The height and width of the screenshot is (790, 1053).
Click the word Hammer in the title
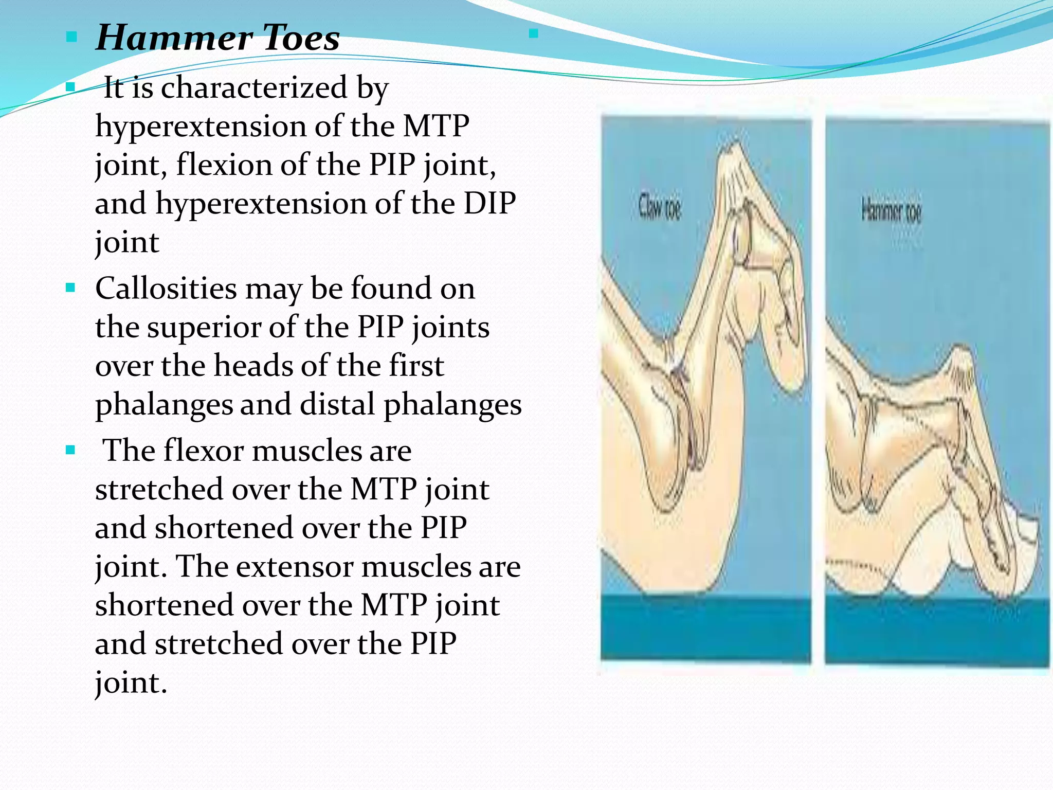coord(174,38)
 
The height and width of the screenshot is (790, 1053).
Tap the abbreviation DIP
coord(489,203)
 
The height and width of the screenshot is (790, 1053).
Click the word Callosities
coord(166,288)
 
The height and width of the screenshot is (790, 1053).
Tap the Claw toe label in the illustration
coord(660,207)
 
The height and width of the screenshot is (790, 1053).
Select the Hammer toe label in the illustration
coord(891,211)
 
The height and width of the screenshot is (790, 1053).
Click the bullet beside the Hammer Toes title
coord(71,37)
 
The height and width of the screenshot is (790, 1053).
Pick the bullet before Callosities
coord(71,287)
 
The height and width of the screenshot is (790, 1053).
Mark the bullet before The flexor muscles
coord(71,451)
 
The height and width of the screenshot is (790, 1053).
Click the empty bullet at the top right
coord(533,34)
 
